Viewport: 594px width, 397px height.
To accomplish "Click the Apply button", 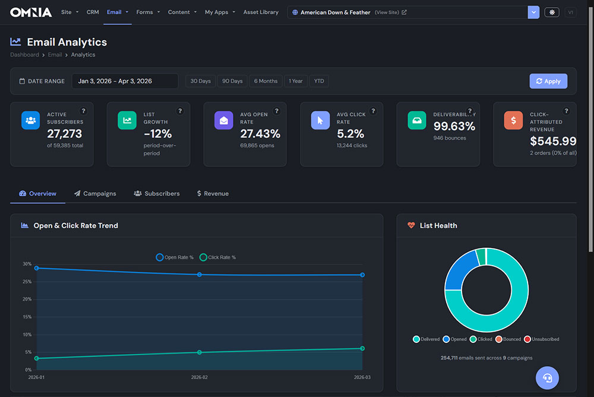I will pyautogui.click(x=548, y=81).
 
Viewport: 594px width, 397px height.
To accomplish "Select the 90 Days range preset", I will pyautogui.click(x=232, y=81).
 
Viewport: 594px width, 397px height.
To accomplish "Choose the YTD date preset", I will pyautogui.click(x=319, y=81).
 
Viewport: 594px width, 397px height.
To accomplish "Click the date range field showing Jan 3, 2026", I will pyautogui.click(x=125, y=81).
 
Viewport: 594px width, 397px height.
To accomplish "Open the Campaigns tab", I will pyautogui.click(x=95, y=194).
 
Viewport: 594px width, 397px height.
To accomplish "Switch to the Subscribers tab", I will pyautogui.click(x=157, y=194).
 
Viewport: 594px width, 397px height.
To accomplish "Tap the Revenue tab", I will pyautogui.click(x=213, y=194).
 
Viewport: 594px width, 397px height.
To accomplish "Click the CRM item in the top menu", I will pyautogui.click(x=93, y=12).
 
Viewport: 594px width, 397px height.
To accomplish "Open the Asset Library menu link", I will pyautogui.click(x=261, y=12).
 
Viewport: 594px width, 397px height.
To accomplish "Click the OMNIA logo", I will pyautogui.click(x=31, y=12).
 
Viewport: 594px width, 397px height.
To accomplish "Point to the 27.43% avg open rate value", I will pyautogui.click(x=260, y=134).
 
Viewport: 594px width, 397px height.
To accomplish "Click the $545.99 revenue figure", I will pyautogui.click(x=553, y=141).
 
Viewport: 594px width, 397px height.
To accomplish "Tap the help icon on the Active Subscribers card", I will pyautogui.click(x=83, y=111).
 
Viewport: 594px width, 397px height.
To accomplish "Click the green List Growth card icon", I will pyautogui.click(x=127, y=120).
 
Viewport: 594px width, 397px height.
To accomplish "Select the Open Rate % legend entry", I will pyautogui.click(x=175, y=257).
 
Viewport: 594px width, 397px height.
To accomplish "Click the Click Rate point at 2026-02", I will pyautogui.click(x=199, y=352).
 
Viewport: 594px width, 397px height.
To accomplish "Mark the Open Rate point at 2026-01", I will pyautogui.click(x=37, y=268).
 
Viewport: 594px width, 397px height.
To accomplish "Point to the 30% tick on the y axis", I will pyautogui.click(x=27, y=264).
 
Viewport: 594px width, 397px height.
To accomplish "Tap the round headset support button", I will pyautogui.click(x=547, y=377).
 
